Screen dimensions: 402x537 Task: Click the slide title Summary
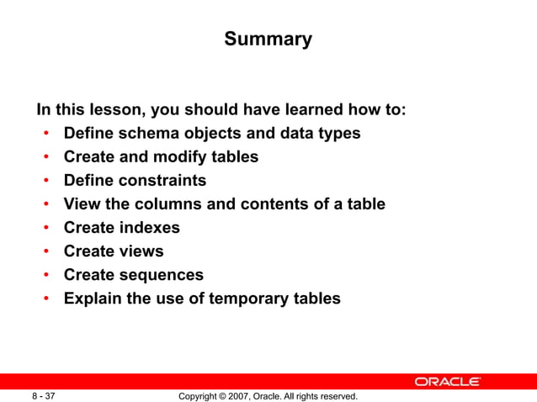pyautogui.click(x=268, y=40)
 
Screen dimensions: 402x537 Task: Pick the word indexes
pyautogui.click(x=149, y=227)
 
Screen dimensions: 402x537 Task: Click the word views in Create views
pyautogui.click(x=141, y=251)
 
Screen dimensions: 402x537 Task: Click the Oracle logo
pyautogui.click(x=448, y=382)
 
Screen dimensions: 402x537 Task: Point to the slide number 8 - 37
pyautogui.click(x=44, y=395)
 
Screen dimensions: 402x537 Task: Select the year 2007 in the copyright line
pyautogui.click(x=247, y=395)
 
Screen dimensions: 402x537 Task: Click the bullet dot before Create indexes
pyautogui.click(x=46, y=228)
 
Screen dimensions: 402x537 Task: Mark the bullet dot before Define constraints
pyautogui.click(x=46, y=181)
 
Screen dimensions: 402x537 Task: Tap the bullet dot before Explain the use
pyautogui.click(x=46, y=299)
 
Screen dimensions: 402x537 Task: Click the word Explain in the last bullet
pyautogui.click(x=93, y=298)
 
